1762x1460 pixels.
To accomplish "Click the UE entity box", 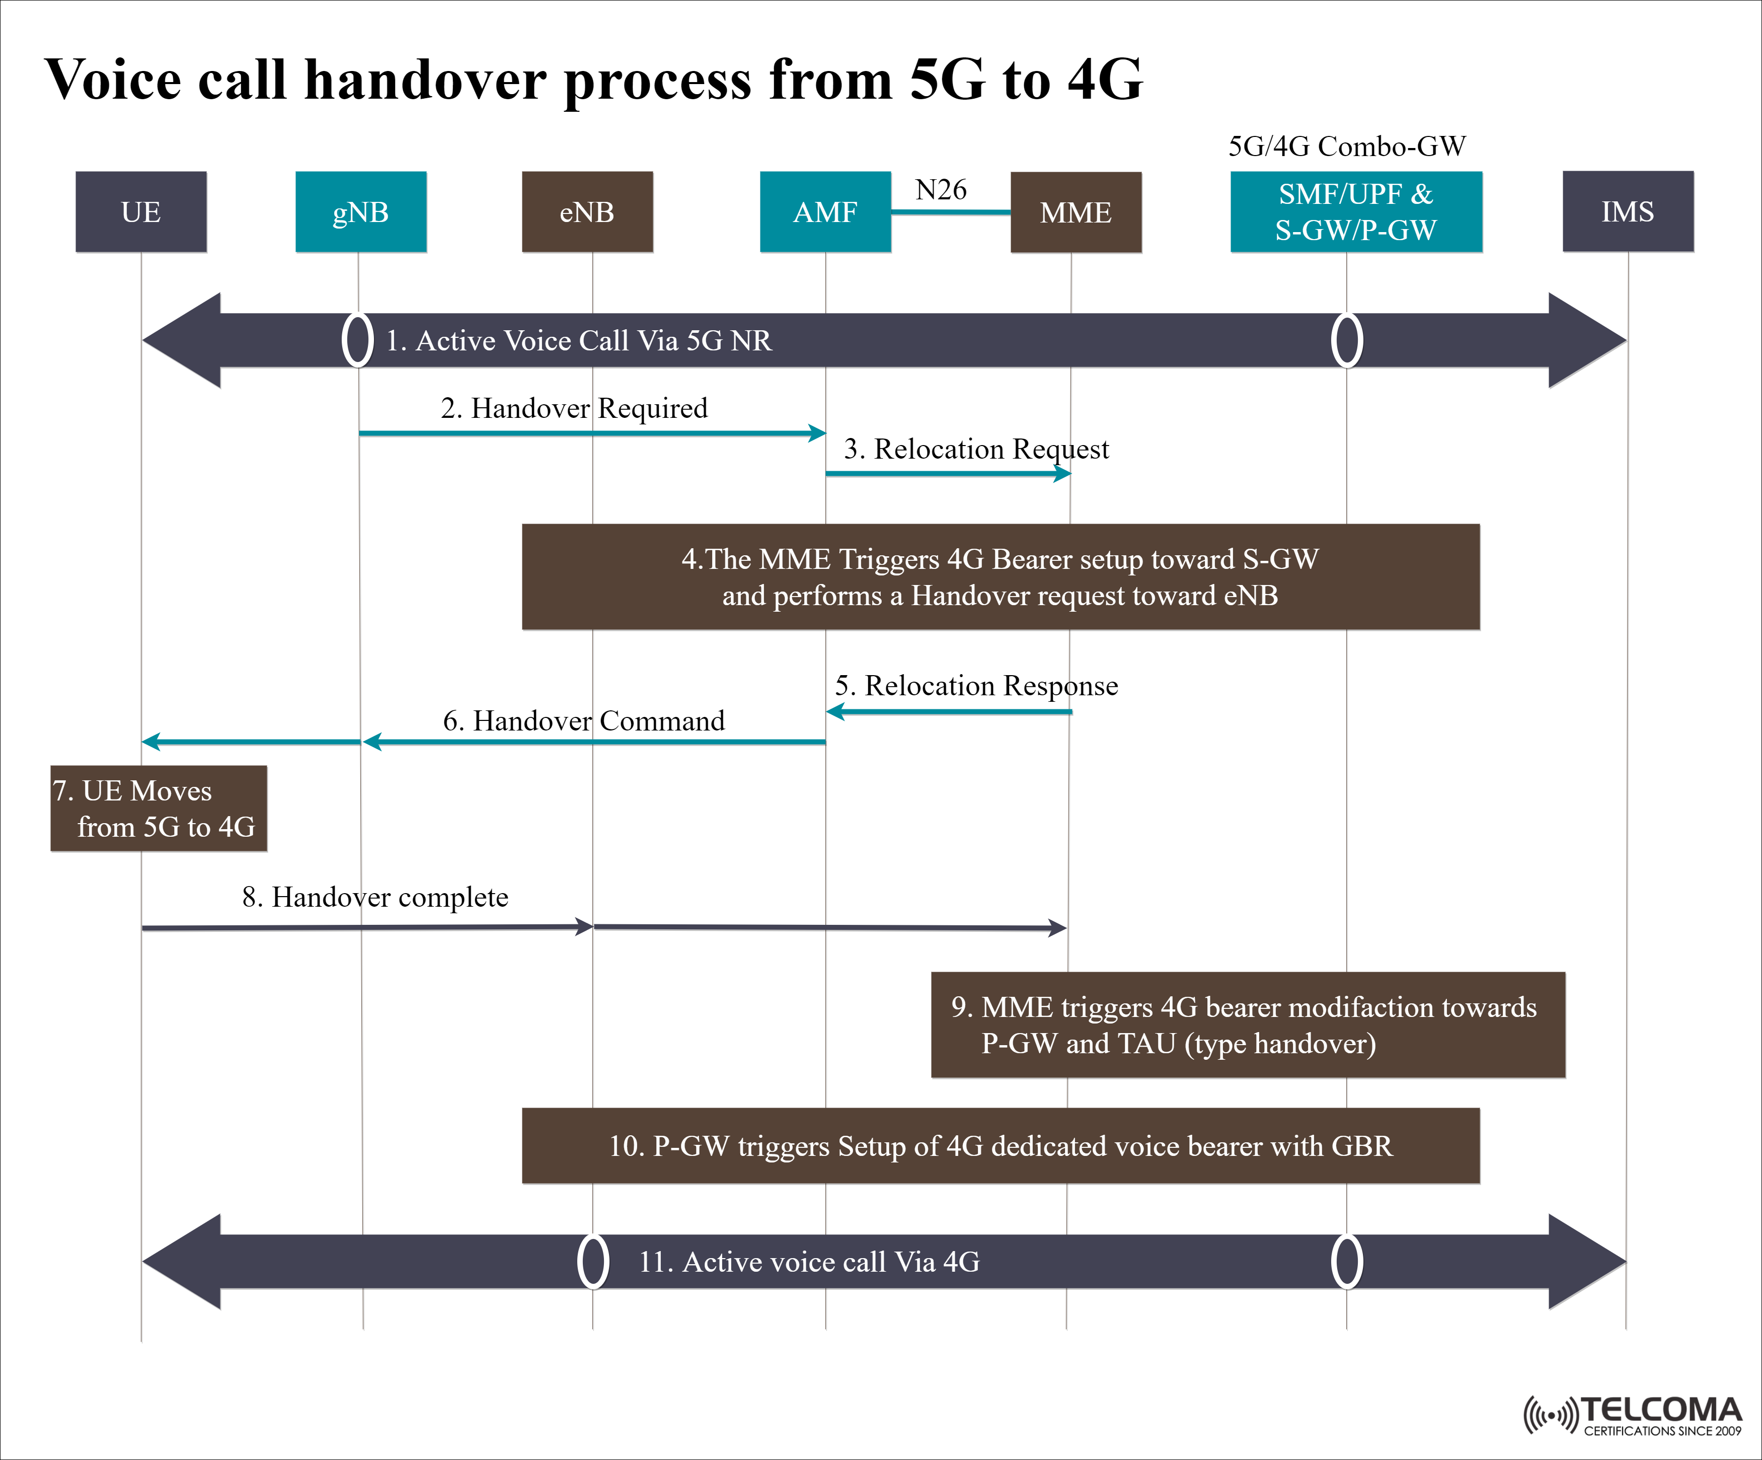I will tap(141, 211).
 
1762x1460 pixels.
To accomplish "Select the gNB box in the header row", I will tap(361, 211).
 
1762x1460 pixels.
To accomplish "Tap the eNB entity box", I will tap(587, 211).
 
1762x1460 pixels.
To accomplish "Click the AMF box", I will tap(825, 211).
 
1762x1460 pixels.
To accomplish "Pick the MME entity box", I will tap(1076, 212).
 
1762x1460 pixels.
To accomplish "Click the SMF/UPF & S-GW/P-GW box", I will tap(1356, 211).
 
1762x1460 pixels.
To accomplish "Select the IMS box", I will tap(1628, 211).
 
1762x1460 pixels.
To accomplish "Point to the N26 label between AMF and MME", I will tap(941, 190).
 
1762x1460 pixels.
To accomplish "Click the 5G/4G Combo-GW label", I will tap(1347, 146).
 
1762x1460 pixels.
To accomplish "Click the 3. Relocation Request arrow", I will tap(948, 473).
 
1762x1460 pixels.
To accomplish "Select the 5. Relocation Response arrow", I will tap(948, 711).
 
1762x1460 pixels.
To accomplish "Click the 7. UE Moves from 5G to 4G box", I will tap(159, 808).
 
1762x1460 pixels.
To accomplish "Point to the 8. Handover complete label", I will tap(375, 897).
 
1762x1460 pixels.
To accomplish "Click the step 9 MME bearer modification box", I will tap(1248, 1025).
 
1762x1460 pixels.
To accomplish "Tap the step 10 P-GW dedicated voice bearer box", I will tap(1000, 1145).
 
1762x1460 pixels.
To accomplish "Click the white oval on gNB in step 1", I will tap(357, 340).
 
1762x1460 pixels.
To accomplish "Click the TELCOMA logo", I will tap(1632, 1416).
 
